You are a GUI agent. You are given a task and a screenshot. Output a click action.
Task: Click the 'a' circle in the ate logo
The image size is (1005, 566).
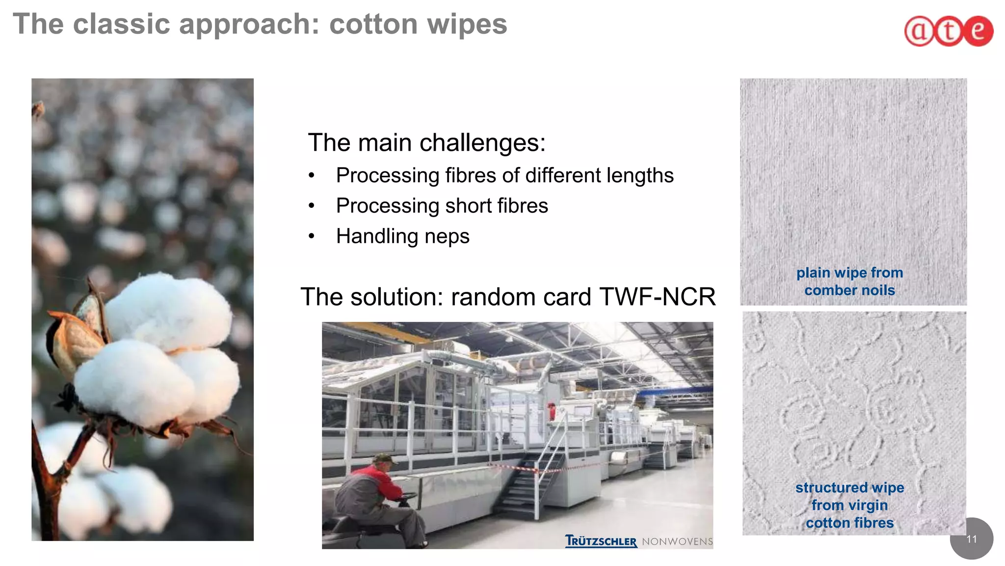[919, 31]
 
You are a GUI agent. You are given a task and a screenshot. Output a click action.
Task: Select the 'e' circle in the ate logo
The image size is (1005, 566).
[978, 31]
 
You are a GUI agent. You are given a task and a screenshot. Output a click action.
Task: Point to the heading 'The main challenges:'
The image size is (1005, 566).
[426, 143]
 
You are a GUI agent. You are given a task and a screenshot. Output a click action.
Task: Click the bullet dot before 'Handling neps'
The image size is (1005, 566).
[311, 236]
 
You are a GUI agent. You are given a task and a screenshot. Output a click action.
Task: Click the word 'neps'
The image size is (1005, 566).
[447, 236]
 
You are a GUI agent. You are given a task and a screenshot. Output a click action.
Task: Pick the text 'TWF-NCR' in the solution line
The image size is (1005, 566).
[657, 297]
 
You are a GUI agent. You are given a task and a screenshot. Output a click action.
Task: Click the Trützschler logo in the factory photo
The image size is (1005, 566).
[601, 541]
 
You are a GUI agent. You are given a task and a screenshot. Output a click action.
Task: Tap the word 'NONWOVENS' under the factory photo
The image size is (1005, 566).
[677, 541]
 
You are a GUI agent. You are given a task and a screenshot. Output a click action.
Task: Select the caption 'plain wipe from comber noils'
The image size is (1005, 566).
[849, 282]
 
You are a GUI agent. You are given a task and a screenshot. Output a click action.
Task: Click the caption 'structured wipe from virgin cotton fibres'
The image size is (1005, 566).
[849, 505]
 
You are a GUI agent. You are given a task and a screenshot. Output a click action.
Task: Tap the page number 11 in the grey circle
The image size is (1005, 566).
[971, 539]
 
